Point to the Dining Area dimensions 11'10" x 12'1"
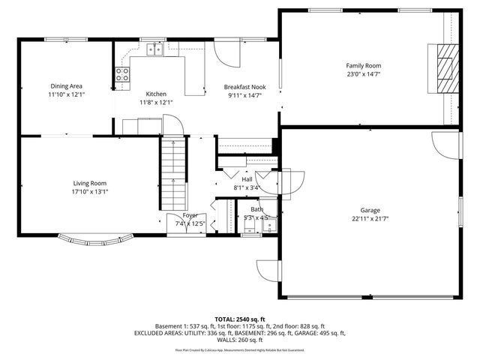pyautogui.click(x=67, y=95)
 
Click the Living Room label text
pyautogui.click(x=89, y=183)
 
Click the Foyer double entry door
pyautogui.click(x=177, y=223)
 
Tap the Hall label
pyautogui.click(x=247, y=179)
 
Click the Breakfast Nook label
pyautogui.click(x=246, y=87)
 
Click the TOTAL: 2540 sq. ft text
pyautogui.click(x=240, y=319)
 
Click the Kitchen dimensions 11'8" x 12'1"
pyautogui.click(x=156, y=103)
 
